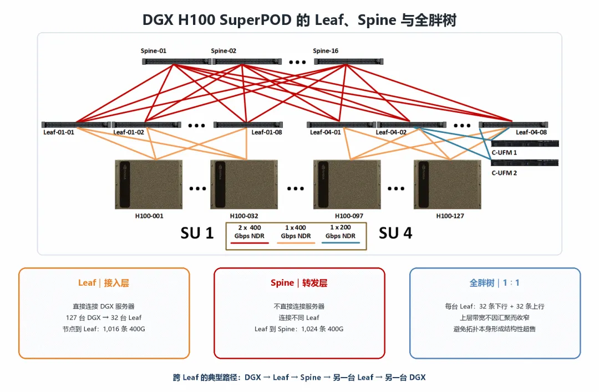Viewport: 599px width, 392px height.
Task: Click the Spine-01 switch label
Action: pyautogui.click(x=153, y=51)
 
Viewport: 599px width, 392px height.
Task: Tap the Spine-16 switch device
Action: pyautogui.click(x=348, y=61)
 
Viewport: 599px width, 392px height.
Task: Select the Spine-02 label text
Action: pyautogui.click(x=224, y=51)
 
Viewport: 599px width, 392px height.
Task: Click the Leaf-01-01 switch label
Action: pyautogui.click(x=58, y=132)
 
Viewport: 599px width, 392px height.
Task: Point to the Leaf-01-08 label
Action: pyautogui.click(x=267, y=132)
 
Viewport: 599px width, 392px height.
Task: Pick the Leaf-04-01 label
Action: pyautogui.click(x=325, y=132)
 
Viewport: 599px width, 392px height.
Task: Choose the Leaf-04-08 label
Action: pyautogui.click(x=531, y=132)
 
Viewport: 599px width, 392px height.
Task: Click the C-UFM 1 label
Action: pyautogui.click(x=504, y=152)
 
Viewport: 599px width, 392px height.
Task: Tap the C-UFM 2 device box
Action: pyautogui.click(x=525, y=163)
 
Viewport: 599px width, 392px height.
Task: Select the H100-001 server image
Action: pyautogui.click(x=149, y=184)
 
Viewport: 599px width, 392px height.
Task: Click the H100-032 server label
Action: pyautogui.click(x=244, y=216)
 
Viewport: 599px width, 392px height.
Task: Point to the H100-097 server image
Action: pyautogui.click(x=347, y=184)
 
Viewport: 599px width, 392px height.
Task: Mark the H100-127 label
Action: pyautogui.click(x=450, y=216)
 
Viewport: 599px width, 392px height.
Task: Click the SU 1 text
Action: pyautogui.click(x=197, y=233)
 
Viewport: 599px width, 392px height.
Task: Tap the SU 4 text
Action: pyautogui.click(x=395, y=233)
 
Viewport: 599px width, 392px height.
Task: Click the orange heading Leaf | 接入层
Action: pyautogui.click(x=104, y=283)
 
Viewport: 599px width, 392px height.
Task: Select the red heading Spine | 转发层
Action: pyautogui.click(x=299, y=283)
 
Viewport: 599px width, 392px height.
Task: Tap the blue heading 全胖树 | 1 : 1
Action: pyautogui.click(x=494, y=283)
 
